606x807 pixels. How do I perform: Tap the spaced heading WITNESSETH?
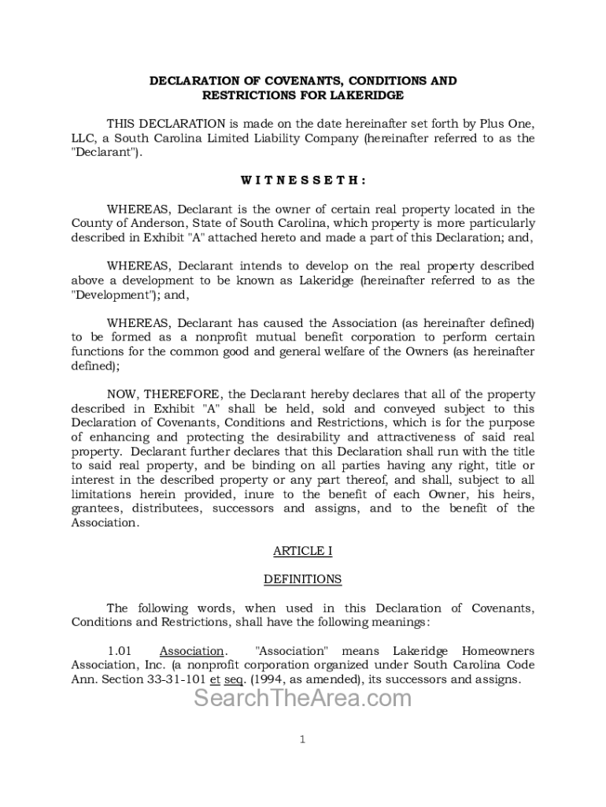point(303,180)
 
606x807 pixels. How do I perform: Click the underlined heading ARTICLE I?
point(303,551)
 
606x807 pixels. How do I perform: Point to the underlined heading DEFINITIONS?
point(303,579)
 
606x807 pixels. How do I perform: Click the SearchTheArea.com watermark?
point(303,698)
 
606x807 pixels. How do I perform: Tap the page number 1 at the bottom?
point(303,739)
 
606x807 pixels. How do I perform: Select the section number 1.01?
point(119,651)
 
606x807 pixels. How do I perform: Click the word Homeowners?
point(497,651)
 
